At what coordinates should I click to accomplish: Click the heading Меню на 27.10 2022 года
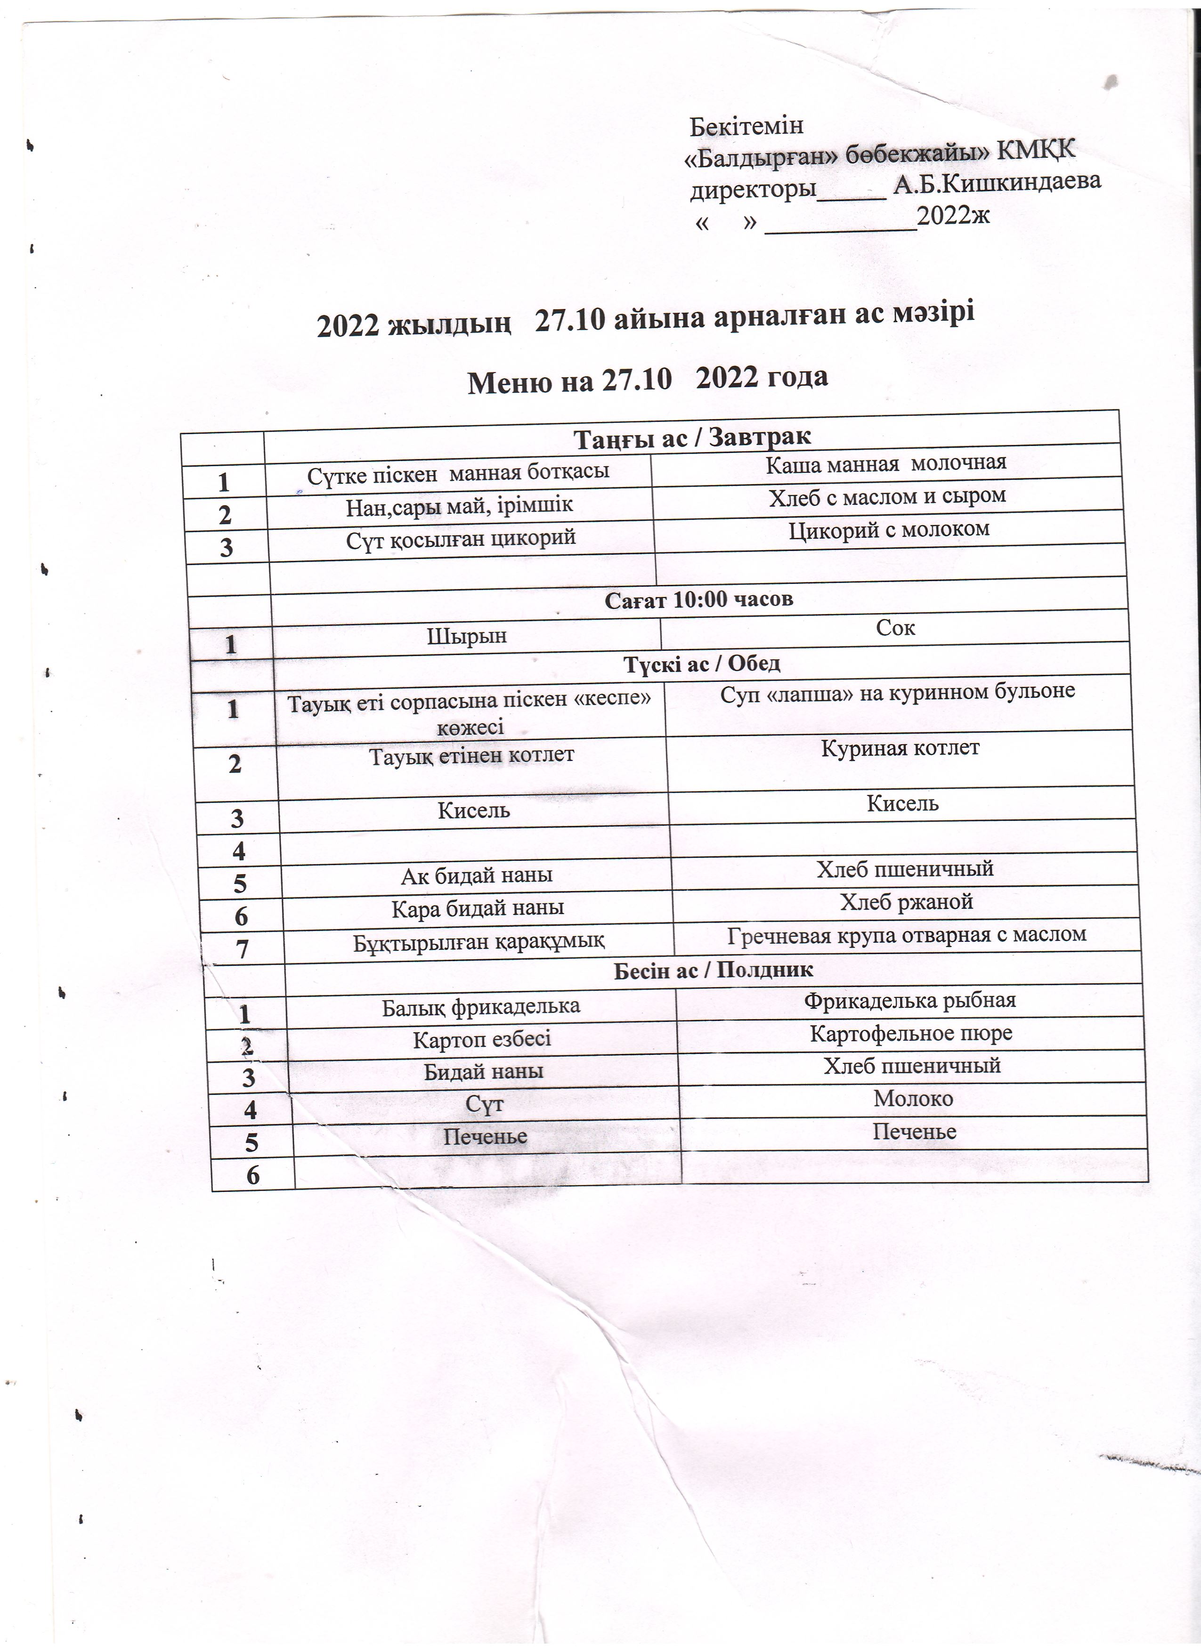648,379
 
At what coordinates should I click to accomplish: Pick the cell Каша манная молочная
885,462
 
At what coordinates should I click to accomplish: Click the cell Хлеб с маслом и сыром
887,496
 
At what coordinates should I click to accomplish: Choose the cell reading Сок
895,628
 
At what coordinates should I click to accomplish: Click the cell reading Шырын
466,636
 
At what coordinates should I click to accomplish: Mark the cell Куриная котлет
900,748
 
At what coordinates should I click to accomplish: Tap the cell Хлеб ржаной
906,902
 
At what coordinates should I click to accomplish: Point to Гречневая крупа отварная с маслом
907,934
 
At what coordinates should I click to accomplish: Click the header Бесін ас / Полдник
713,970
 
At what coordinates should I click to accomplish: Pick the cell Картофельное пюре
911,1033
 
